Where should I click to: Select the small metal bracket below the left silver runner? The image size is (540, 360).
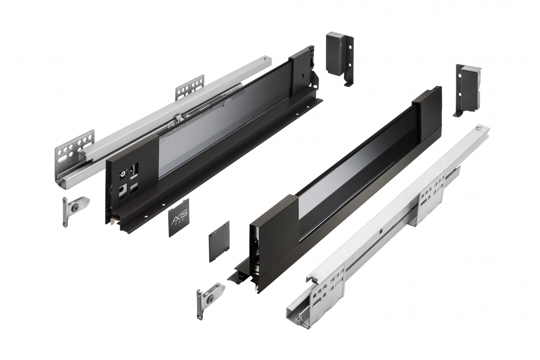pos(74,208)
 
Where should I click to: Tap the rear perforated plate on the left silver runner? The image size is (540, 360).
pos(189,87)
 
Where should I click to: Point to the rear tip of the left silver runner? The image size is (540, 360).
pos(267,58)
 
